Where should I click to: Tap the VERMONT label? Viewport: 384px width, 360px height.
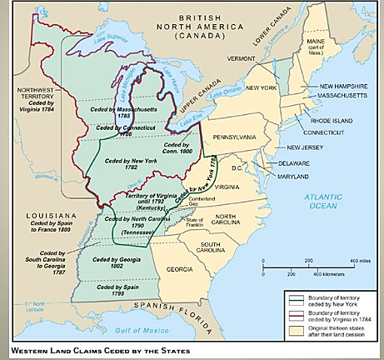tap(244, 58)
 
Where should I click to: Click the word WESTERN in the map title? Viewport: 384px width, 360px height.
tap(31, 350)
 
